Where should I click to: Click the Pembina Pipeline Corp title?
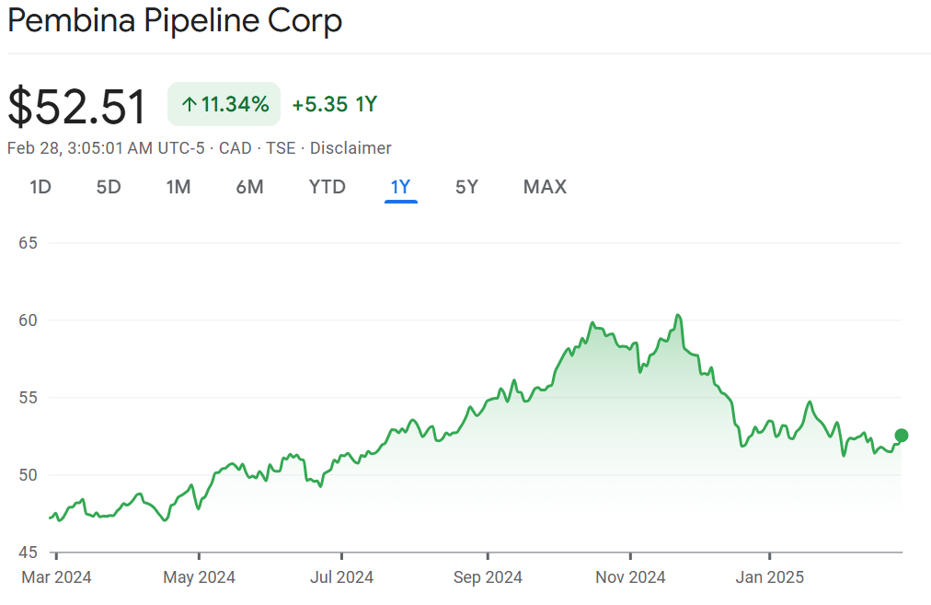175,21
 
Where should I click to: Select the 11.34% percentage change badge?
224,104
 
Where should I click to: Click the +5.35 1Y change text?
334,104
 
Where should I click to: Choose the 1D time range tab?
40,187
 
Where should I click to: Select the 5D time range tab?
109,187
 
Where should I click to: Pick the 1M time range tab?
178,187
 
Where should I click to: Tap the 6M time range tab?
249,187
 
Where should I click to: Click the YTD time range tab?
327,187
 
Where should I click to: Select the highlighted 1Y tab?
400,187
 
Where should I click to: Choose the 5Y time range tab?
466,187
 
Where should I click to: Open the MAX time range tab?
545,187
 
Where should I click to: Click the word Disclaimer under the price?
351,148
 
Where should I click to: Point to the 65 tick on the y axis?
28,243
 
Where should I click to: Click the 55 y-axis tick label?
28,398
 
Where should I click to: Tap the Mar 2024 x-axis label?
55,577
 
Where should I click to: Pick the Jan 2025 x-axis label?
770,577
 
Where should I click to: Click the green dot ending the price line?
902,436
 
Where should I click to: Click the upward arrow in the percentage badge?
189,105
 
